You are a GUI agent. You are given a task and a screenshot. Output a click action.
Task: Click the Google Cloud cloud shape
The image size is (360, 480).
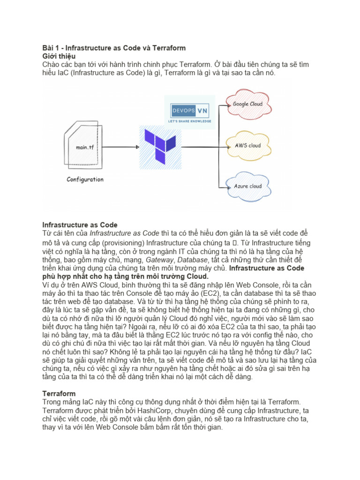[x=247, y=104]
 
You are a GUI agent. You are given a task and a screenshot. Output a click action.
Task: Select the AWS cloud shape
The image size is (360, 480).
[x=247, y=145]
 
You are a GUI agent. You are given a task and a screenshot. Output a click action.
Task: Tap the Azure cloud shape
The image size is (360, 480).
[x=247, y=186]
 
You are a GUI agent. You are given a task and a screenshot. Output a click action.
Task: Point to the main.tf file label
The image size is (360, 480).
[x=85, y=147]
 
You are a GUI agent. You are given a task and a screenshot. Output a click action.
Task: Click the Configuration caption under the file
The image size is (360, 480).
[x=85, y=180]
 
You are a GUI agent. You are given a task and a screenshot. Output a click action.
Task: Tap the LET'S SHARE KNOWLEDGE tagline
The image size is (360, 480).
[x=190, y=121]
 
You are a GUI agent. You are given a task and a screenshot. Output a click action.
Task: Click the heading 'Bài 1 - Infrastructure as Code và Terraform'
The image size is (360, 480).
[x=114, y=48]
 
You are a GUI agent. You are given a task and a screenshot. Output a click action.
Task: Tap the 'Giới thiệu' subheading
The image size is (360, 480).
[x=59, y=56]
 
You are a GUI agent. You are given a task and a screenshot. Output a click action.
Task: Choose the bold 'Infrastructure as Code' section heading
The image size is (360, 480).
[x=80, y=225]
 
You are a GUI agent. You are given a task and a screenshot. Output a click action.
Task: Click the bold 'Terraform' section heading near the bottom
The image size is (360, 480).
[x=59, y=394]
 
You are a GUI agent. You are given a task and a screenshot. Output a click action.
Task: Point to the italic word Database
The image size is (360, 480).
[x=193, y=259]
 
